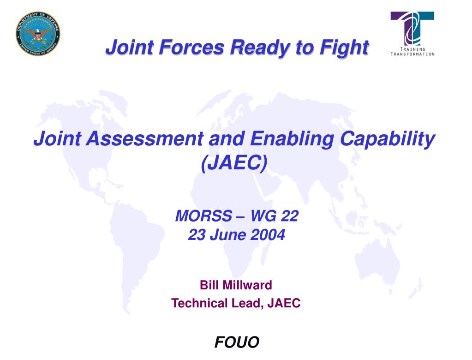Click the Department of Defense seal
click(38, 34)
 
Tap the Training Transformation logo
click(412, 34)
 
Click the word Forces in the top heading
click(191, 47)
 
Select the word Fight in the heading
click(344, 48)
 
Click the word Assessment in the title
click(145, 138)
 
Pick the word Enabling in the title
click(292, 139)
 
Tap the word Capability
click(388, 139)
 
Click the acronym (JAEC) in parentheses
click(234, 162)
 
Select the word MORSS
click(203, 216)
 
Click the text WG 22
click(274, 216)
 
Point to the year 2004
click(268, 235)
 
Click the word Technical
click(199, 303)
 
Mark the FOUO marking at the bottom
click(237, 342)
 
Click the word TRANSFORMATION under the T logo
click(412, 54)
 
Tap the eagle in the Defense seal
click(37, 34)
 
